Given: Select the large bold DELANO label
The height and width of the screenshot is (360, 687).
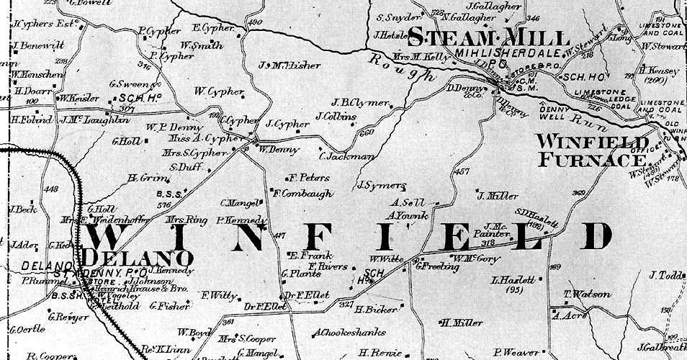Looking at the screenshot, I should click(138, 257).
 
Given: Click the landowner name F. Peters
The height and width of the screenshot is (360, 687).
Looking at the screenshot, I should click(308, 177).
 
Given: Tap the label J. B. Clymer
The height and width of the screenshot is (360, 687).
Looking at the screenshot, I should click(361, 102).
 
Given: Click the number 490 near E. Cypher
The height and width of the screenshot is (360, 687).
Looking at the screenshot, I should click(254, 23).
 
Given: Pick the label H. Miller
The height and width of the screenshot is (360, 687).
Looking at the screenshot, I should click(462, 322).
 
